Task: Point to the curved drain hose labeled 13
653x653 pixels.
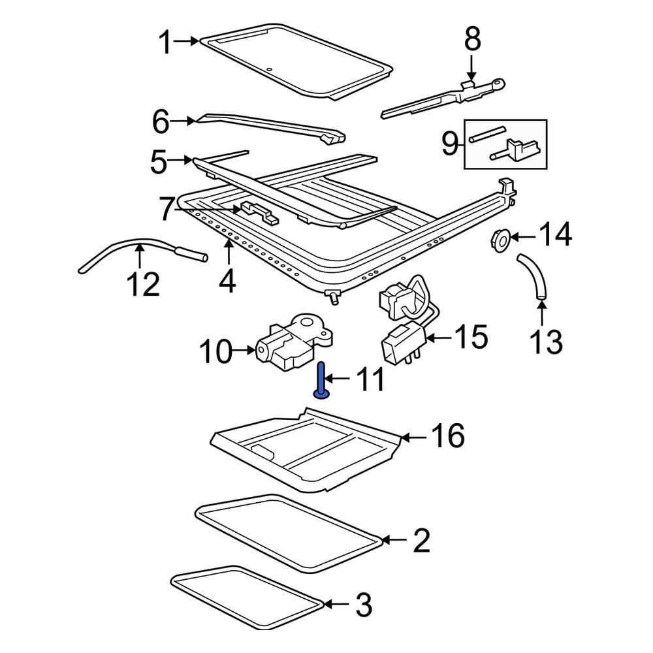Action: tap(534, 278)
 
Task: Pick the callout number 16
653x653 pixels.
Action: tap(447, 436)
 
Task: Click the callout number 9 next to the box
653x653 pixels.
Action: tap(450, 143)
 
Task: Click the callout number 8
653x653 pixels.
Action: tap(472, 40)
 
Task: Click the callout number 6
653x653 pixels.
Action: tap(161, 121)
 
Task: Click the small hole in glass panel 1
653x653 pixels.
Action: tap(268, 69)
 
